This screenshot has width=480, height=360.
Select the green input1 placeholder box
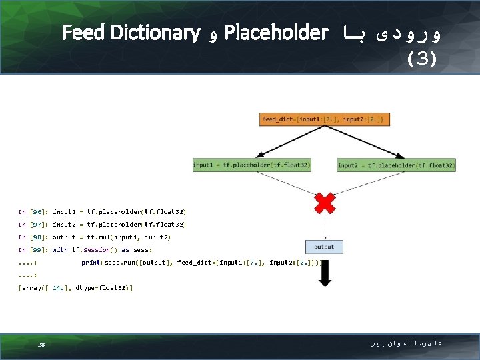pyautogui.click(x=252, y=165)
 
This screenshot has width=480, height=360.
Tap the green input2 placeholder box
pyautogui.click(x=397, y=165)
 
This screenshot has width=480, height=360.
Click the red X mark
pyautogui.click(x=325, y=202)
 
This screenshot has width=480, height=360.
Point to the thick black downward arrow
pyautogui.click(x=325, y=273)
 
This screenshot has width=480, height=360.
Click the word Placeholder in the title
pyautogui.click(x=277, y=32)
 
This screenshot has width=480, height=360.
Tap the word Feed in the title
pyautogui.click(x=87, y=32)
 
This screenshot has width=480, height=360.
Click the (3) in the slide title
pyautogui.click(x=422, y=59)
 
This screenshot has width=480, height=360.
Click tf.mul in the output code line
pyautogui.click(x=99, y=237)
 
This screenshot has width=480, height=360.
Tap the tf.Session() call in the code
pyautogui.click(x=95, y=250)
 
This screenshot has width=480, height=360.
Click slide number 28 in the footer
pyautogui.click(x=41, y=345)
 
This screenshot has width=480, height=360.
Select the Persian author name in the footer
pyautogui.click(x=407, y=343)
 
